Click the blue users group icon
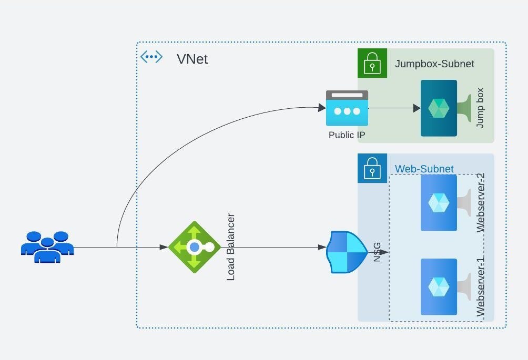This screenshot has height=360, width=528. click(47, 246)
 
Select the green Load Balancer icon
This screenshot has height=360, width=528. click(195, 246)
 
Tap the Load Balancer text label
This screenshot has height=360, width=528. click(231, 247)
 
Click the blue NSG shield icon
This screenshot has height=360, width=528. click(347, 252)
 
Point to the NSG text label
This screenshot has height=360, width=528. click(377, 252)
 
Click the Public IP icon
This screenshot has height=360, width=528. click(347, 108)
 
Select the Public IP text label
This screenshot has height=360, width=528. click(347, 135)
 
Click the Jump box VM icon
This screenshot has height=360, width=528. click(439, 108)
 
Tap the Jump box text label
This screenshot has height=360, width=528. click(480, 108)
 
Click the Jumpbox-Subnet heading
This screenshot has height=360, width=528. click(434, 64)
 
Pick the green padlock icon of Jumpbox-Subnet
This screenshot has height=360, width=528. click(372, 64)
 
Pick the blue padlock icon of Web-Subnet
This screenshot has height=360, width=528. click(372, 169)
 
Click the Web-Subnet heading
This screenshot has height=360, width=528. click(424, 169)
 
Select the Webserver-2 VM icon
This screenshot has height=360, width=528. click(439, 203)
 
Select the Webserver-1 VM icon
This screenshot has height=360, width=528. click(439, 287)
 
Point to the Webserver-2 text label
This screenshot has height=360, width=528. click(480, 202)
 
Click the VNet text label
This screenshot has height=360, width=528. click(192, 59)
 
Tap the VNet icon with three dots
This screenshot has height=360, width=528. click(151, 57)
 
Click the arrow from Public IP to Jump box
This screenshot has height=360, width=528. click(394, 108)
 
